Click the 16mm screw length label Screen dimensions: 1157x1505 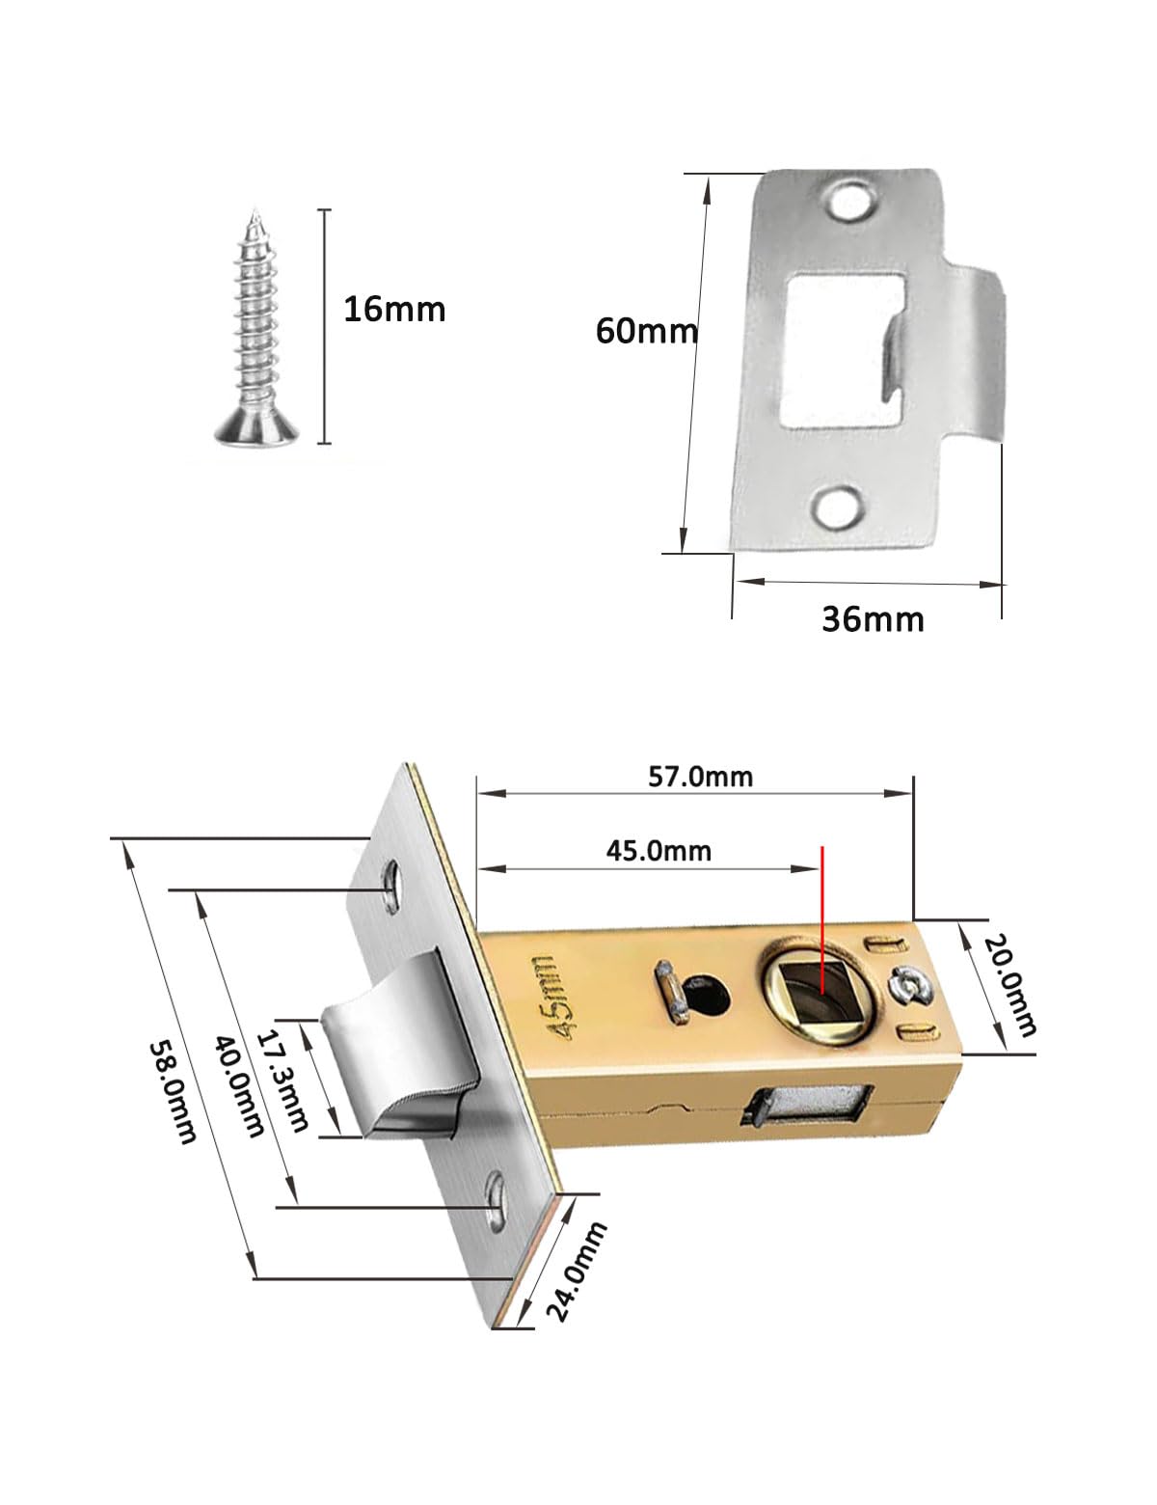click(x=394, y=309)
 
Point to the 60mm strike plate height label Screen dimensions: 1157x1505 click(x=646, y=330)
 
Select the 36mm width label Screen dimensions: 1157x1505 click(x=873, y=619)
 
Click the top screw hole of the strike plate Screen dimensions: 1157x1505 click(x=850, y=201)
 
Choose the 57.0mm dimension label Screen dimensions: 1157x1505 click(x=700, y=777)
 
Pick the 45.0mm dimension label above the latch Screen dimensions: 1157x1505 click(x=659, y=851)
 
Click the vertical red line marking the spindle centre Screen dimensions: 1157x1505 click(x=822, y=920)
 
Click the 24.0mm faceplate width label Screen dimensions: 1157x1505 click(x=577, y=1272)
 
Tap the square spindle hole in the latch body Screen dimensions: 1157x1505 click(x=822, y=994)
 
